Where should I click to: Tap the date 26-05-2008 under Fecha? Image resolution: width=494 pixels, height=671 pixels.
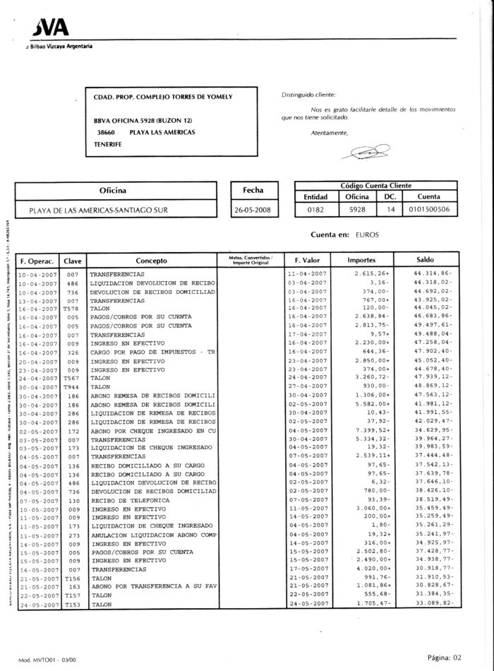click(x=253, y=210)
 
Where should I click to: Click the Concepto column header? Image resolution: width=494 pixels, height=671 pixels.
click(x=151, y=260)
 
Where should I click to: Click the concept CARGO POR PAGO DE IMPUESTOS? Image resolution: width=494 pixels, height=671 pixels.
click(x=151, y=352)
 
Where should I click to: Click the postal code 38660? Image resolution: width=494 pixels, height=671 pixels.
click(x=106, y=132)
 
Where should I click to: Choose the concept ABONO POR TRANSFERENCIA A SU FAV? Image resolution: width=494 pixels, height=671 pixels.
click(x=151, y=586)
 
